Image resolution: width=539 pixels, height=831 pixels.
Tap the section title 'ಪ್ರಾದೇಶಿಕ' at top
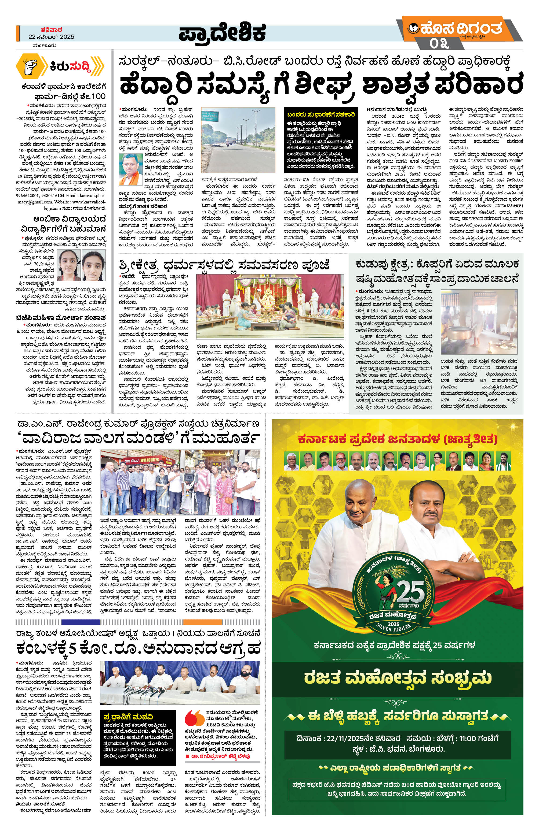click(x=222, y=33)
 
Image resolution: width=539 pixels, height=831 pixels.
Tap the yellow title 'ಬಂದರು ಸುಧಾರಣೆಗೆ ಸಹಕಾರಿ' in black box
click(x=321, y=114)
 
